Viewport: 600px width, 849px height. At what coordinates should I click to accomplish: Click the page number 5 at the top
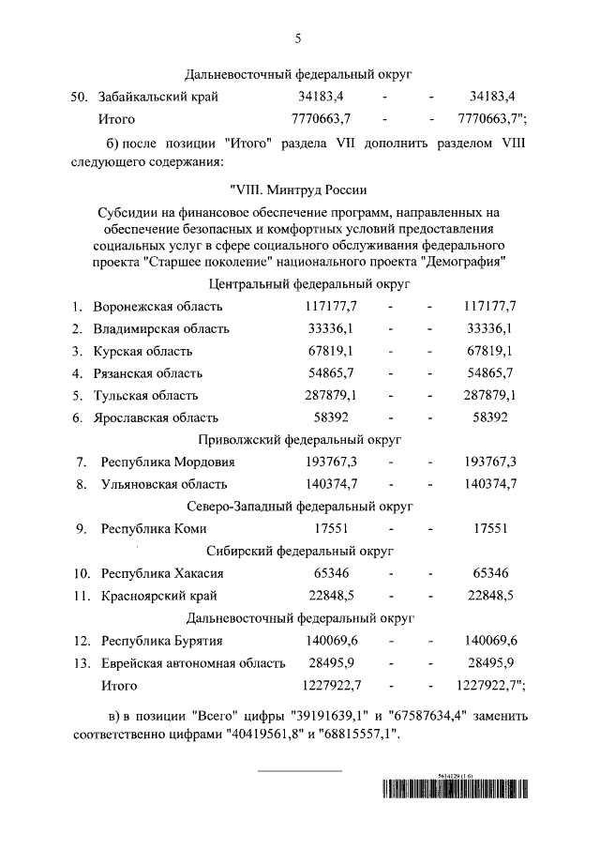coord(299,38)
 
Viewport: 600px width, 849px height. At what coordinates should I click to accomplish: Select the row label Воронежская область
coord(157,307)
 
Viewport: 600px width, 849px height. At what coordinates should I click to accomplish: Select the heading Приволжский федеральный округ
coord(299,439)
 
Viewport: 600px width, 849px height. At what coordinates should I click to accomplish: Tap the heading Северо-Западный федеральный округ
coord(299,507)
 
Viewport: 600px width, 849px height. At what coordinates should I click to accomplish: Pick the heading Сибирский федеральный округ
coord(299,551)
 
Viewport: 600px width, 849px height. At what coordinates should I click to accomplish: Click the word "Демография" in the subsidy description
coord(465,261)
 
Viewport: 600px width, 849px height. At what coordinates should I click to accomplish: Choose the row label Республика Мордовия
coord(168,462)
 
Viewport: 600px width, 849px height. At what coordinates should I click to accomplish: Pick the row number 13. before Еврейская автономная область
coord(81,663)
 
